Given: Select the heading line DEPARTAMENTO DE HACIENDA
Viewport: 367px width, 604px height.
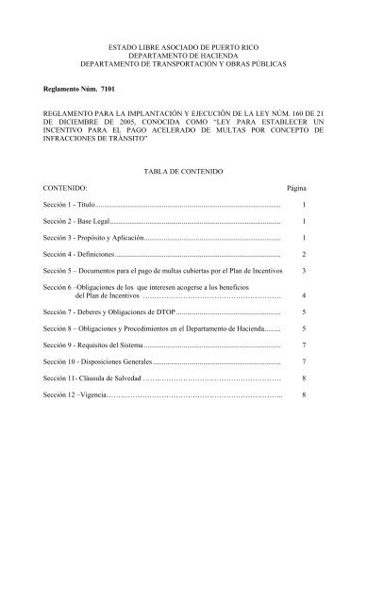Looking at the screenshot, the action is pos(183,56).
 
